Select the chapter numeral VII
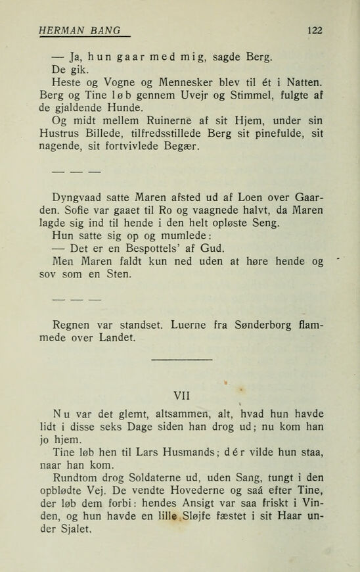[179, 396]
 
